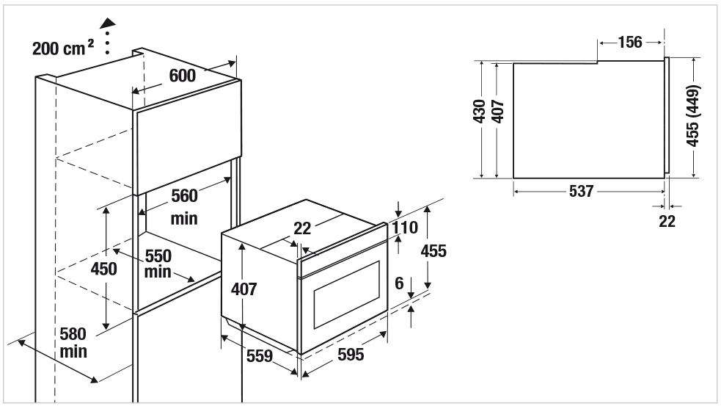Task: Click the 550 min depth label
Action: click(x=158, y=264)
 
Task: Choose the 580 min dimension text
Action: click(x=73, y=343)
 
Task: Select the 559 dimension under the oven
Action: click(x=259, y=356)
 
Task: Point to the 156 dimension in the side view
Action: click(x=629, y=43)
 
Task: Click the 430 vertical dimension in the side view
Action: click(x=480, y=111)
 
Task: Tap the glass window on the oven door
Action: click(x=345, y=298)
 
